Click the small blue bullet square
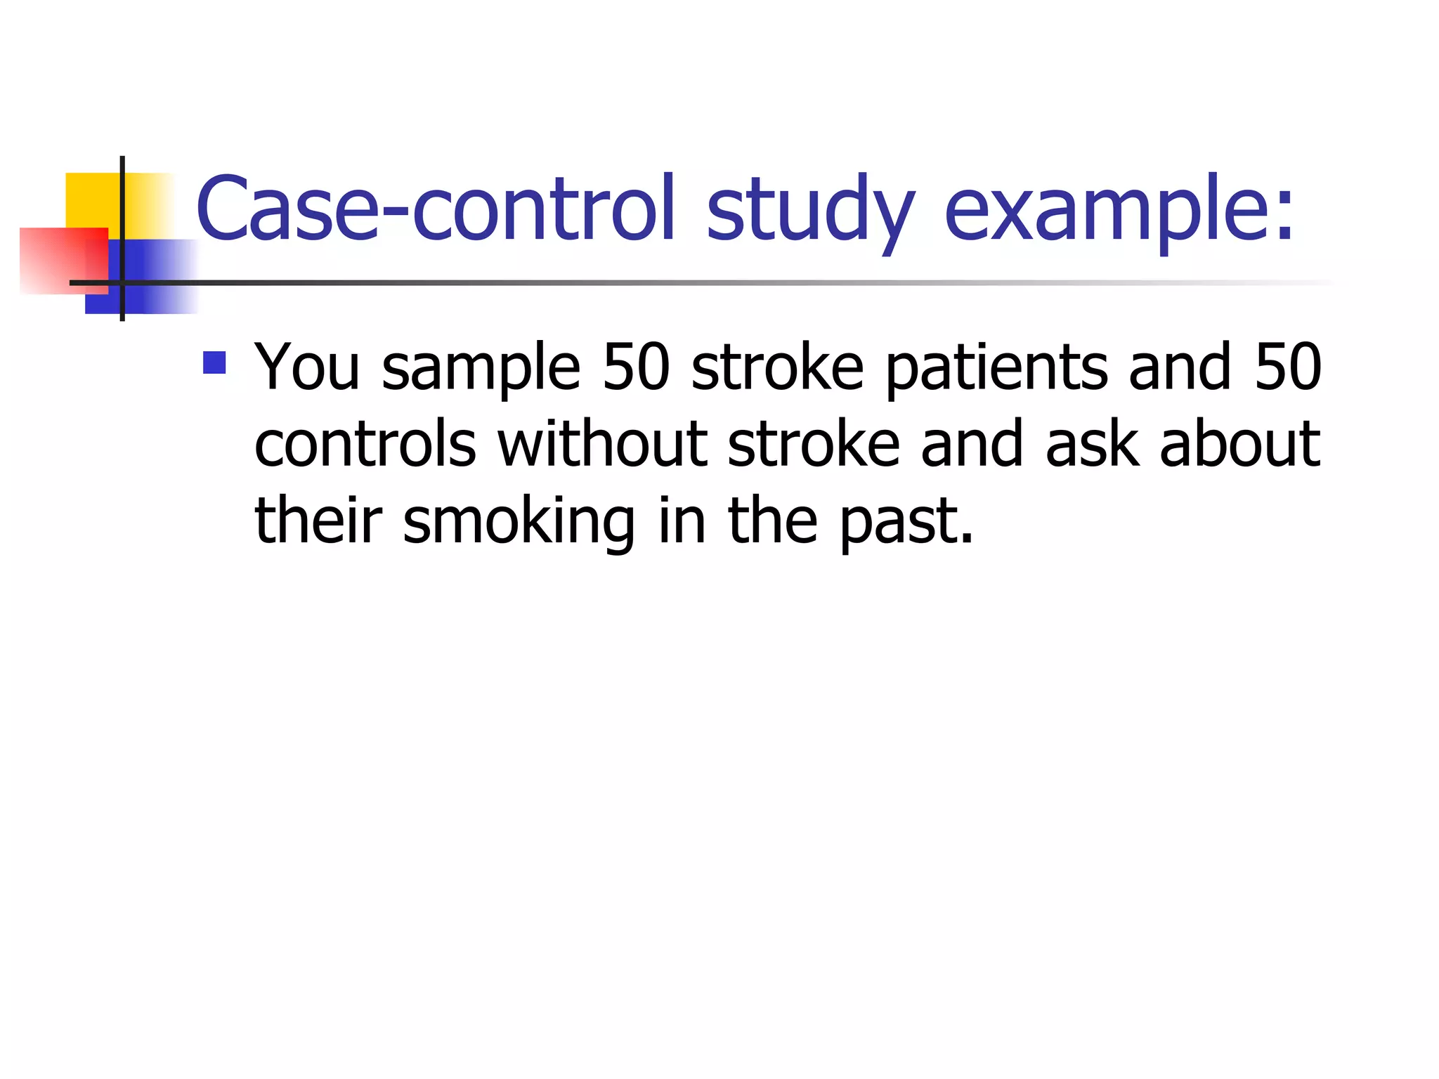(214, 362)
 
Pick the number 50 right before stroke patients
(636, 367)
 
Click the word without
(602, 444)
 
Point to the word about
(1240, 444)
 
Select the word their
(318, 521)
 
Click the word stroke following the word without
(814, 444)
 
